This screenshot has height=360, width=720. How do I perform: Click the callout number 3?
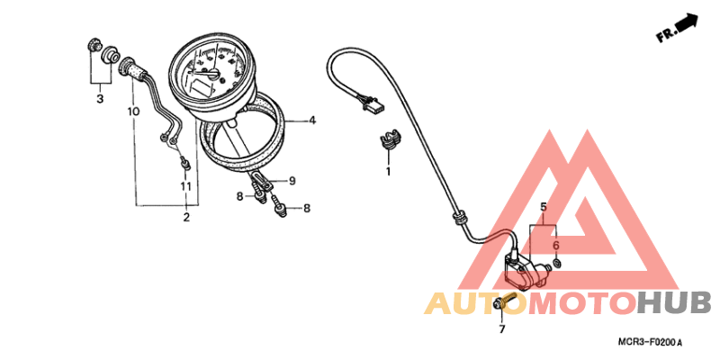100,98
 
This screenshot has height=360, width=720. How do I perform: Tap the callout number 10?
133,111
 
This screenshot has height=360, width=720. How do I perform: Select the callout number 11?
185,186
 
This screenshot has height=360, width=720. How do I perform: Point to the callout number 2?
186,217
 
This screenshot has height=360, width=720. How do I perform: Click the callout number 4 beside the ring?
312,121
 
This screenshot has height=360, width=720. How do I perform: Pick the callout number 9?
292,181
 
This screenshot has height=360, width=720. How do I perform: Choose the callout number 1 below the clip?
388,172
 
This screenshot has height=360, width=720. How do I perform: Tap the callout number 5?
544,207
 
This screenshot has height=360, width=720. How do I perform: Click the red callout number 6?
556,246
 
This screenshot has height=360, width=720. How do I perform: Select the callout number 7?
501,328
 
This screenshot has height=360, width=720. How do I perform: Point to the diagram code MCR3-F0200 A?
650,342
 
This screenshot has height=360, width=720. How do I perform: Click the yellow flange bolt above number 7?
505,301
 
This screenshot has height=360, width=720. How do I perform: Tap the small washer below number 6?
556,263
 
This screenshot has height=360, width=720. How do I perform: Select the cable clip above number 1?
390,139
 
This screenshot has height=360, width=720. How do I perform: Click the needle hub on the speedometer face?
211,72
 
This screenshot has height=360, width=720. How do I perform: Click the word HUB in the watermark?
673,303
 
